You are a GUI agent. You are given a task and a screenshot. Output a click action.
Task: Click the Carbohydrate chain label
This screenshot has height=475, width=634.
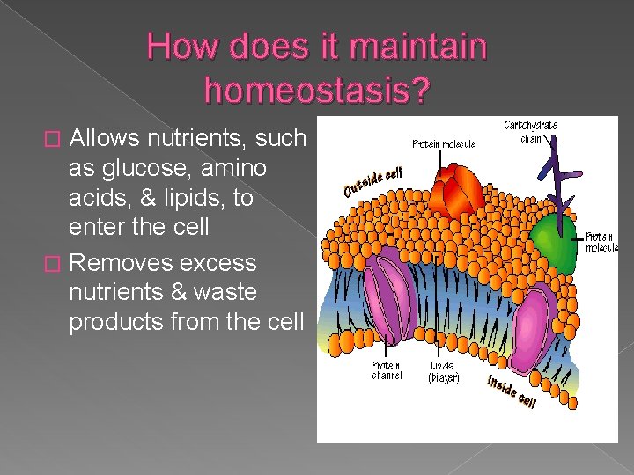(530, 131)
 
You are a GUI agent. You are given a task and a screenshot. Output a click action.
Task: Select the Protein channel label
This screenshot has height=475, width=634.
(387, 370)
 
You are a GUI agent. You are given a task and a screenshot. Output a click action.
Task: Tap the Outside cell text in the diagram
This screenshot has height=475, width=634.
(372, 181)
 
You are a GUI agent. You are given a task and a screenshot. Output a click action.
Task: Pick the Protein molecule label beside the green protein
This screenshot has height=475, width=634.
(602, 242)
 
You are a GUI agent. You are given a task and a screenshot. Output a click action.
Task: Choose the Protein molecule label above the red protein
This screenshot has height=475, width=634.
(444, 143)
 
